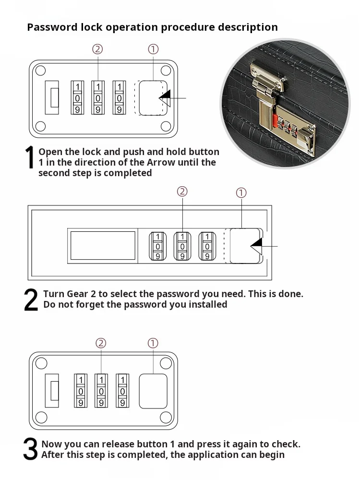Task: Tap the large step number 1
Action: (30, 158)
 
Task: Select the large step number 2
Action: (31, 300)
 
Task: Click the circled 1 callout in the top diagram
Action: (153, 49)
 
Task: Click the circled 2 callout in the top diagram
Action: (97, 49)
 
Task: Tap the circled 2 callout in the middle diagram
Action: (182, 192)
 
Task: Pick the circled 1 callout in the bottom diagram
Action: (153, 343)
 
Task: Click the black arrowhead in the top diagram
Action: (165, 98)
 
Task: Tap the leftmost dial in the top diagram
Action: (77, 97)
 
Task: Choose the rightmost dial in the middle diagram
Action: (207, 246)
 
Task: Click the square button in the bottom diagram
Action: (153, 391)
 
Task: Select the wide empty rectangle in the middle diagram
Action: (103, 245)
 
